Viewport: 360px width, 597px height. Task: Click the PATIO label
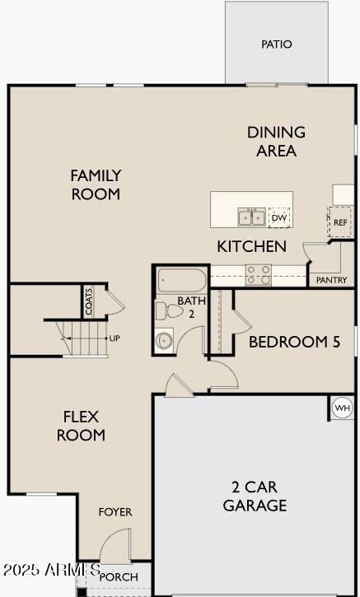click(x=277, y=44)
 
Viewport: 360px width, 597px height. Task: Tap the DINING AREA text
click(x=276, y=141)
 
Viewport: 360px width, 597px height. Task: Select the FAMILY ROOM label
click(x=96, y=184)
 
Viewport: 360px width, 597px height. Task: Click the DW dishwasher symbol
click(x=280, y=217)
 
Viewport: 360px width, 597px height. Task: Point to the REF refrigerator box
click(x=340, y=222)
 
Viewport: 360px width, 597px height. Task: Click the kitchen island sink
click(x=252, y=217)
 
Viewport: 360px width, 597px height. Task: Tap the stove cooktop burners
click(x=259, y=275)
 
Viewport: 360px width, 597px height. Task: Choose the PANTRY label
click(x=332, y=280)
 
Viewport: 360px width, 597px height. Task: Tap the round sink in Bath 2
click(x=165, y=339)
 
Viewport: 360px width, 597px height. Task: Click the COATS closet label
click(x=89, y=301)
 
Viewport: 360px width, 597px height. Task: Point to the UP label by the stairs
click(x=115, y=338)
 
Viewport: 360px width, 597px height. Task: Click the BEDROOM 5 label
click(x=294, y=342)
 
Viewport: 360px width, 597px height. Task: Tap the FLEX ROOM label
click(x=81, y=425)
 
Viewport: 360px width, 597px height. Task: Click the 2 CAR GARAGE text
click(x=255, y=496)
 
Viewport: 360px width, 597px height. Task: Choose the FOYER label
click(x=115, y=512)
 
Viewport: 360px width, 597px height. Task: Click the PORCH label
click(x=119, y=577)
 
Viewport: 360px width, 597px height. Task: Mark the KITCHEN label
click(x=252, y=246)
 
